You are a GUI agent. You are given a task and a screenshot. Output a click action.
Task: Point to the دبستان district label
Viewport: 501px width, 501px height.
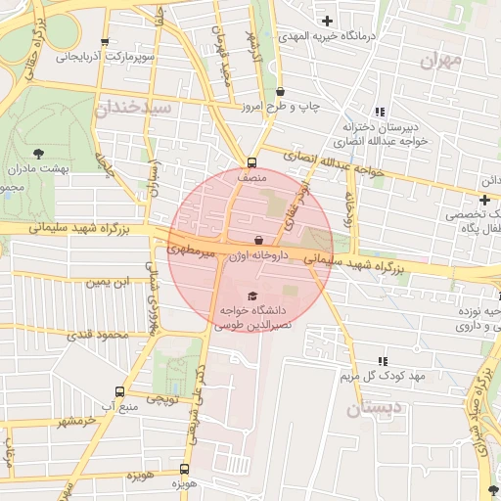click(x=374, y=408)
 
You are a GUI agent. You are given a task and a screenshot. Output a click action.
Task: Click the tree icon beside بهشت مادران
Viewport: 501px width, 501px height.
click(x=38, y=153)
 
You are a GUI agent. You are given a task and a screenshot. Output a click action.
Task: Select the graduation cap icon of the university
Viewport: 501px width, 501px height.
click(x=252, y=296)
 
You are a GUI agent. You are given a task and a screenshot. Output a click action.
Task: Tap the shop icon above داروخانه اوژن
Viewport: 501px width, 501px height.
click(x=258, y=240)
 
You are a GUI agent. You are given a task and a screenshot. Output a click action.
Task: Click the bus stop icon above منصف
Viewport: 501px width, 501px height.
click(x=252, y=163)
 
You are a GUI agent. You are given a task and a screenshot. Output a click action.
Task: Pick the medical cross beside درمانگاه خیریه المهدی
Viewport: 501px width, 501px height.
click(x=327, y=21)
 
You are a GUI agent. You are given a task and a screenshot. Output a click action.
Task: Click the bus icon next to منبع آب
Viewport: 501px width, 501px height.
click(x=119, y=388)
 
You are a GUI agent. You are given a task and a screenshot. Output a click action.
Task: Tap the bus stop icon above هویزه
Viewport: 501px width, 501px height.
click(x=185, y=470)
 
